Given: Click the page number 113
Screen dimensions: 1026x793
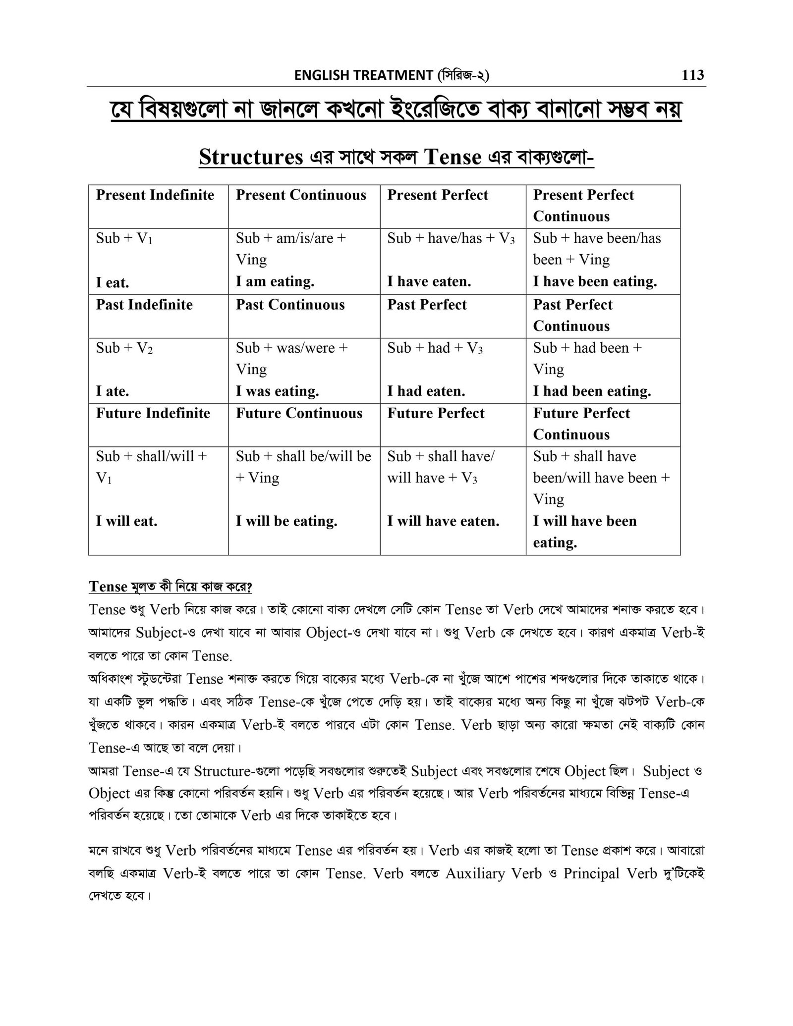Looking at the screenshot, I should pos(692,75).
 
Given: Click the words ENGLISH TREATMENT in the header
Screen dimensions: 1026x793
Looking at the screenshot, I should pos(363,75).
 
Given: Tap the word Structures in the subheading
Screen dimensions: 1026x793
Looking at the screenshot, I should pos(251,157).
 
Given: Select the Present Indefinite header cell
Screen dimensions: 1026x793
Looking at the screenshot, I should pos(155,195).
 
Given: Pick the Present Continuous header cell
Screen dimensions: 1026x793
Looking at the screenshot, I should pos(301,195).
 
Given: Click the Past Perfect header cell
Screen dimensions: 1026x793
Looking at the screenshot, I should pos(427,305).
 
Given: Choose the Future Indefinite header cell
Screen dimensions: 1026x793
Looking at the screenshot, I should pos(153,413).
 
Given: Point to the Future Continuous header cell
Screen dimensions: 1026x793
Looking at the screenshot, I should pos(299,413).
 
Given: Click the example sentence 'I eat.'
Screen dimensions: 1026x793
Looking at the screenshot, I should pos(112,283).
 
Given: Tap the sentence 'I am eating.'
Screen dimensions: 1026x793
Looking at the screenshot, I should pos(275,282).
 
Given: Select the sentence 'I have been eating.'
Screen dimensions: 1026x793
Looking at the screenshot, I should pos(595,282).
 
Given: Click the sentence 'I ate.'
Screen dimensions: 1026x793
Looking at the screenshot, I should pos(113,391).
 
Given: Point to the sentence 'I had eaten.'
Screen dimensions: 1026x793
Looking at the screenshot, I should pos(426,391).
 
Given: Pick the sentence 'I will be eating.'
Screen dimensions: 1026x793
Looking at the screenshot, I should pos(286,521).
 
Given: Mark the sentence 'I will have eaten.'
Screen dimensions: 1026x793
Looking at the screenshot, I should pos(443,521).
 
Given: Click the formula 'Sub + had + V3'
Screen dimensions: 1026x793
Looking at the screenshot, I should pos(435,348).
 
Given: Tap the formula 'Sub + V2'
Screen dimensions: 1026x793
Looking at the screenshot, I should pos(124,348).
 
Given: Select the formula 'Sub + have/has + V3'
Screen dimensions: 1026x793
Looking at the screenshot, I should pos(451,239).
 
